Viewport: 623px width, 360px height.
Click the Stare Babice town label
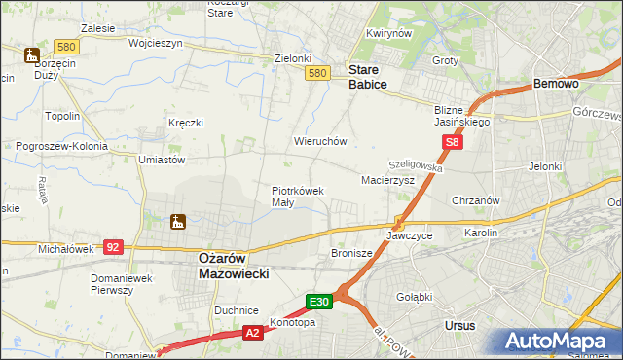368,78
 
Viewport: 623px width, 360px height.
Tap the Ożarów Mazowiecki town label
226,267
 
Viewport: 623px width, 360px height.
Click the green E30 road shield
321,303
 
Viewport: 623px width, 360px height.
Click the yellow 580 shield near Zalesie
66,46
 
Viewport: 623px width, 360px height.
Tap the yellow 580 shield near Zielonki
315,73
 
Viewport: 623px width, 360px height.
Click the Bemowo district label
557,85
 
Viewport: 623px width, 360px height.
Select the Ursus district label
458,326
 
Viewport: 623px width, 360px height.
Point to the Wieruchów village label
320,141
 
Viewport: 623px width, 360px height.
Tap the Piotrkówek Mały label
296,197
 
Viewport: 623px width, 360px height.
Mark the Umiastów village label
162,159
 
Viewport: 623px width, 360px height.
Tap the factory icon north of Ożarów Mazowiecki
178,223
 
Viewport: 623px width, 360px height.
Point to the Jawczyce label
409,235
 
